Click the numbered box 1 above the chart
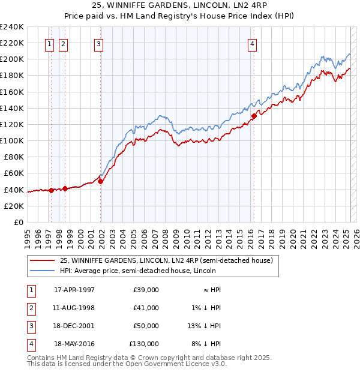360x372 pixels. [x=49, y=43]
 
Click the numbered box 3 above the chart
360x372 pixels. [x=98, y=43]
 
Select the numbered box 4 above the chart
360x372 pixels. [x=253, y=43]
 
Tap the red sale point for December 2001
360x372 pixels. [x=101, y=181]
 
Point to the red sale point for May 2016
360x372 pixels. [x=254, y=116]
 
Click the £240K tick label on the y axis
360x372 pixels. [x=12, y=27]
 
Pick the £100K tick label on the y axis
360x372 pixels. [x=12, y=140]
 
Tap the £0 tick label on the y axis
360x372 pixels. [x=19, y=222]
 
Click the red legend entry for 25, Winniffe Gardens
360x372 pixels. [x=166, y=260]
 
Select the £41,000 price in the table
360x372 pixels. [x=146, y=308]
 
